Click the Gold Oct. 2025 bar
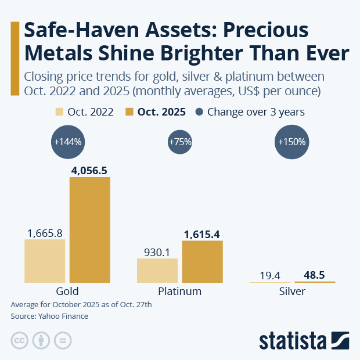click(89, 229)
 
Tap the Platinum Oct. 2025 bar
click(202, 261)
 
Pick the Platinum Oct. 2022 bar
click(157, 271)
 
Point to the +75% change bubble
click(179, 142)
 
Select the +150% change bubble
click(293, 142)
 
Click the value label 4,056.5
click(89, 170)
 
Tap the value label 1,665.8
click(45, 232)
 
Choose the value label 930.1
click(157, 252)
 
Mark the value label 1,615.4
click(202, 234)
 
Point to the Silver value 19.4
click(270, 275)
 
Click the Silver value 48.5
click(315, 275)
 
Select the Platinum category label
click(179, 291)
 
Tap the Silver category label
click(292, 291)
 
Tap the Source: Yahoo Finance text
click(49, 316)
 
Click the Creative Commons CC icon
click(20, 340)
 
